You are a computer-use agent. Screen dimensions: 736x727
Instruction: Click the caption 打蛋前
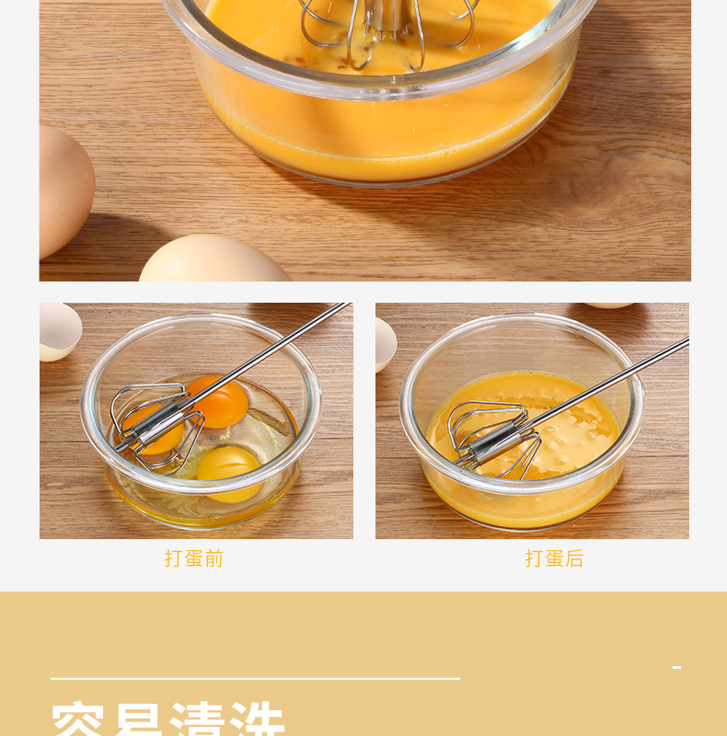pos(194,558)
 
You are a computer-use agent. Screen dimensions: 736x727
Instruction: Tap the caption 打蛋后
pos(554,558)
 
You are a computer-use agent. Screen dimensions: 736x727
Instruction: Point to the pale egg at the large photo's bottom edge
pos(213,261)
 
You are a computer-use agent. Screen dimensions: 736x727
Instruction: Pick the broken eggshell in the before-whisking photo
pos(57,330)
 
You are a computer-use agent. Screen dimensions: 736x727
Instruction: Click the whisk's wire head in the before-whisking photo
pos(156,426)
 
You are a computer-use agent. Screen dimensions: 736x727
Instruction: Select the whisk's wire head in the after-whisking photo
pos(492,440)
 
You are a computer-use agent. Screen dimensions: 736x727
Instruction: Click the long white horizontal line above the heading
pos(255,679)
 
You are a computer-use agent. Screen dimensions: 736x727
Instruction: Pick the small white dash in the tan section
pos(677,667)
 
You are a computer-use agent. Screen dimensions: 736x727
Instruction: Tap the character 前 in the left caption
pos(214,558)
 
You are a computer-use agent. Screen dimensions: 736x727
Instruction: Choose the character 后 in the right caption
pos(574,558)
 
